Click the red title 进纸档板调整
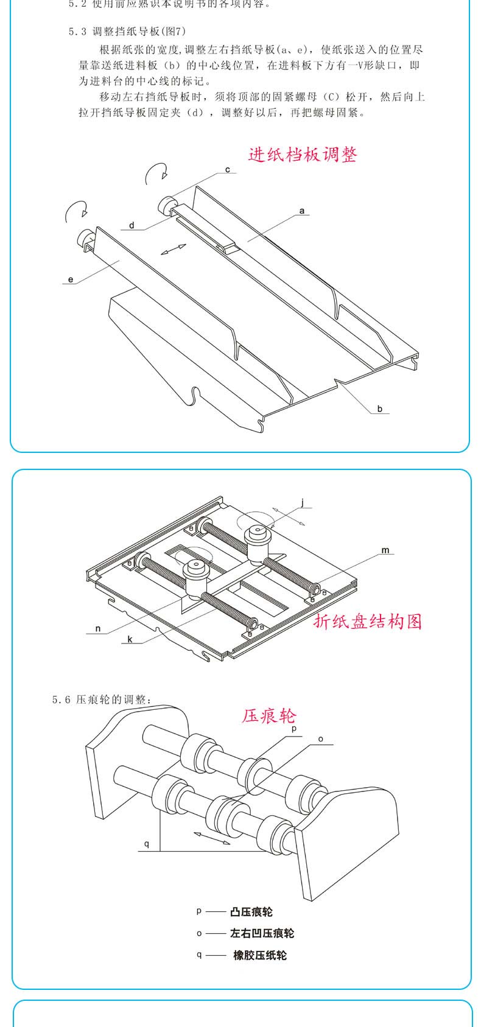pos(303,154)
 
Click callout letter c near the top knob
pos(228,170)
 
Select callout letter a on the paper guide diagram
pos(302,211)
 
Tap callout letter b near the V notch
pos(379,408)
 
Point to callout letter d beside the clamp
pos(132,226)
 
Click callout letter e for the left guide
pos(71,279)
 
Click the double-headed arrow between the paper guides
pos(174,250)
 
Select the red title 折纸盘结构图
pos(367,621)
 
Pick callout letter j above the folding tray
pos(303,503)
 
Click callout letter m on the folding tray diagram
pos(385,550)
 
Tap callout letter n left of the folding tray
pos(97,629)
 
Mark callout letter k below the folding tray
pos(130,640)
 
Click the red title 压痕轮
pos(269,715)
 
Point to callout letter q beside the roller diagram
pos(147,844)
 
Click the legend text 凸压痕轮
pos(251,912)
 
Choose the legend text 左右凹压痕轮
pos(262,933)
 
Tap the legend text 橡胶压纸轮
pos(259,955)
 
